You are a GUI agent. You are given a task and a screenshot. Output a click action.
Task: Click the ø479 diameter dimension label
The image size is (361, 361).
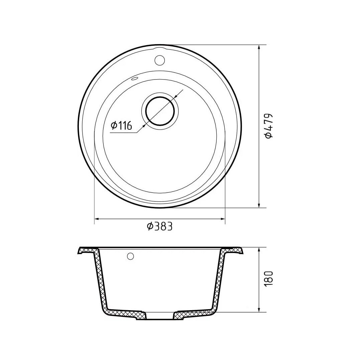coord(269,126)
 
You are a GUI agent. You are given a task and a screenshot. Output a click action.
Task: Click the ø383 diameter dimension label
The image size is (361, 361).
coord(159,227)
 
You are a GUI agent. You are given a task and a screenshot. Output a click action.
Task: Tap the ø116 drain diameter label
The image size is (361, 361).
coord(121,126)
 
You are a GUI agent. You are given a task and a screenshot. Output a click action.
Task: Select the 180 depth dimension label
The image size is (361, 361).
coord(269,278)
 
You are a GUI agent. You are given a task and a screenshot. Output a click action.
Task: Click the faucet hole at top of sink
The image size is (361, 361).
coord(159,60)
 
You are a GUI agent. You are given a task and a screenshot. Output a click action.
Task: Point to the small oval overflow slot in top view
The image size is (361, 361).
coord(134,79)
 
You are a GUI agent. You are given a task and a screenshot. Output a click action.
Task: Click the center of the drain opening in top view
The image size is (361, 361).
coord(160,111)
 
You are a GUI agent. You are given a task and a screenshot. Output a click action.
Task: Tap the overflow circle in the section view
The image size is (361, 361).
coord(131,256)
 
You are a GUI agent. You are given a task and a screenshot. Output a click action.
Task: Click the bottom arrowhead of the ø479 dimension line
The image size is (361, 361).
coord(259,205)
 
